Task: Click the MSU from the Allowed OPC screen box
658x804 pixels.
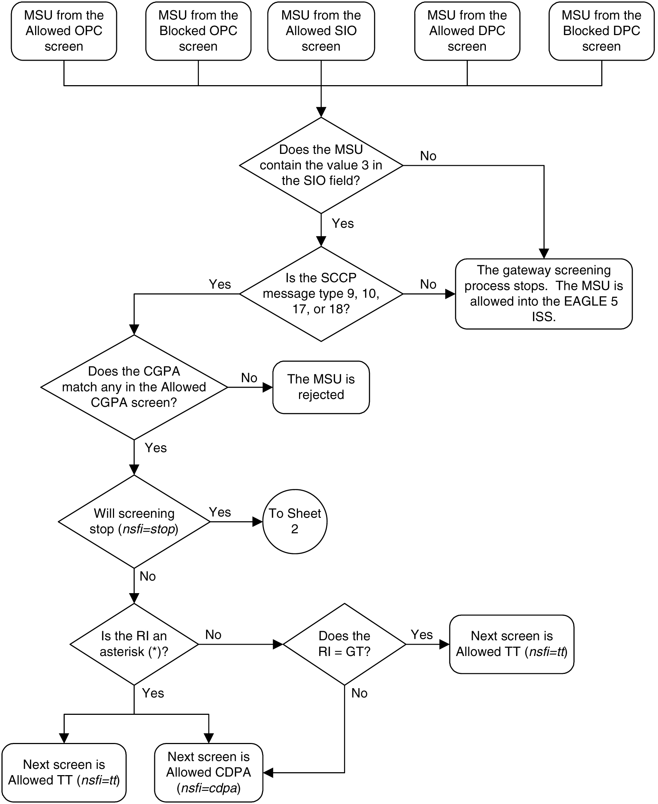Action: click(x=64, y=31)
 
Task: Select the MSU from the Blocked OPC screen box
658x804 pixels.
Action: click(x=198, y=31)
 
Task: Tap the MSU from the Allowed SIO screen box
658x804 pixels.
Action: click(x=321, y=31)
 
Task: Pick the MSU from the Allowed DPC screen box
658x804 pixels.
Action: click(x=467, y=31)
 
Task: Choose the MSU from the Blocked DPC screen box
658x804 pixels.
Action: click(x=602, y=31)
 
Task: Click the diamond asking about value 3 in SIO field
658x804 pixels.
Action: click(x=321, y=165)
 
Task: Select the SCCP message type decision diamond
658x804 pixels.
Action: click(x=321, y=293)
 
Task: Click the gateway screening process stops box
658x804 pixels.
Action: click(x=544, y=293)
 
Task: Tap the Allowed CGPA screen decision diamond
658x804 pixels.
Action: click(x=134, y=387)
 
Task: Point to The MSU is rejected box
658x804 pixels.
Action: click(x=321, y=387)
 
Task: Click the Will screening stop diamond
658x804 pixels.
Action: click(x=134, y=522)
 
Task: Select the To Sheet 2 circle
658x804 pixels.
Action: click(x=295, y=522)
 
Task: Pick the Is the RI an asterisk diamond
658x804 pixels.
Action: click(x=134, y=644)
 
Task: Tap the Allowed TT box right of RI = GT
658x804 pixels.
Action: click(x=511, y=644)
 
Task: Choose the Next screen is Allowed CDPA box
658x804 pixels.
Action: click(x=208, y=772)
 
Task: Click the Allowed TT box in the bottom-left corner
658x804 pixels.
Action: click(x=64, y=772)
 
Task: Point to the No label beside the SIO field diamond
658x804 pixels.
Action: click(x=428, y=156)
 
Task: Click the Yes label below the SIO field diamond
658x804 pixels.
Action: click(x=343, y=224)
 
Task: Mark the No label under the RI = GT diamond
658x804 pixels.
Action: click(x=359, y=693)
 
